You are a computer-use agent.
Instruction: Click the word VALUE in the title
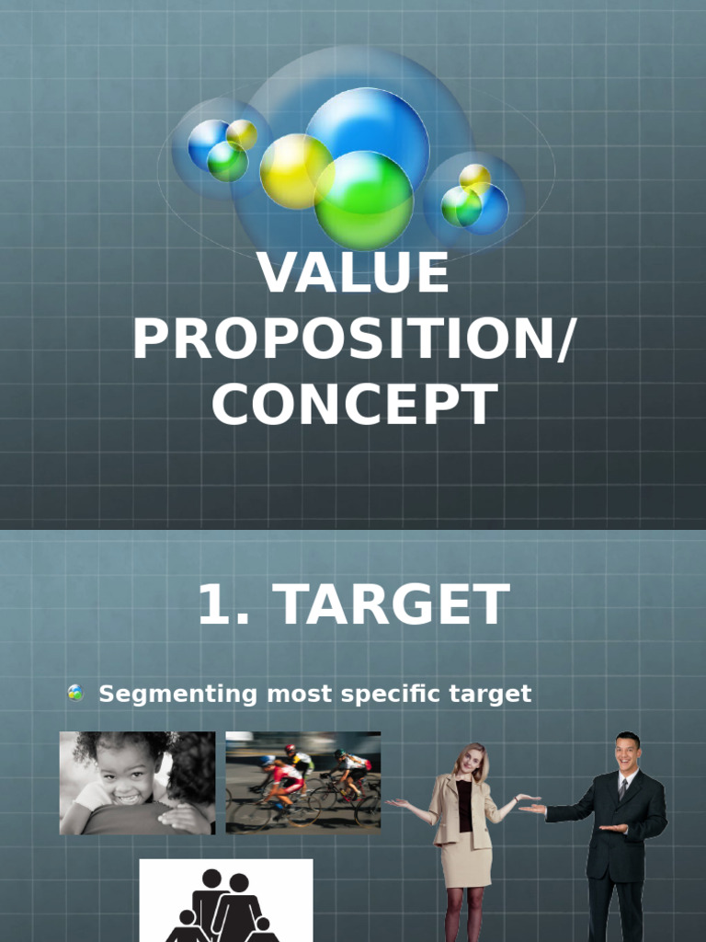[x=353, y=273]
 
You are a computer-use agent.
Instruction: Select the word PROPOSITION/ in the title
[x=353, y=339]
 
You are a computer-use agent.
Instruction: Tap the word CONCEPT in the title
[x=353, y=405]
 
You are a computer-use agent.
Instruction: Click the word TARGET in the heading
[x=393, y=605]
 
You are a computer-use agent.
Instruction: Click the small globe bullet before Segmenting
[x=75, y=694]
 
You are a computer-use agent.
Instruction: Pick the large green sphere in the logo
[x=363, y=200]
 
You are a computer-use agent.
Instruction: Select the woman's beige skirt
[x=465, y=859]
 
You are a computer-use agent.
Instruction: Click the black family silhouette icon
[x=225, y=906]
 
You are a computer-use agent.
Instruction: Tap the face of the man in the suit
[x=627, y=753]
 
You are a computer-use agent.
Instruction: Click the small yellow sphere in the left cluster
[x=242, y=134]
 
